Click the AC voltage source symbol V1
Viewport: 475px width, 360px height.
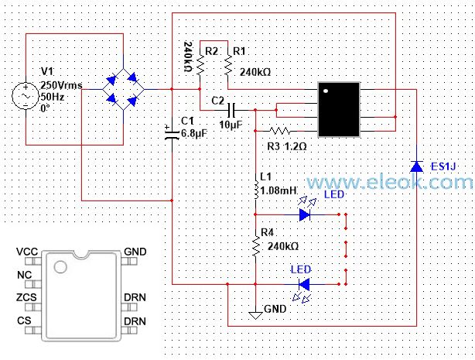click(x=26, y=96)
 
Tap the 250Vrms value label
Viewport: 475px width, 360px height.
click(x=61, y=85)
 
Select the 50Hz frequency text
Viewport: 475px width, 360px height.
click(x=52, y=97)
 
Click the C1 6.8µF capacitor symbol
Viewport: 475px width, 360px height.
click(x=172, y=132)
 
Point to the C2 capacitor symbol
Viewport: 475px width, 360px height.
click(x=232, y=110)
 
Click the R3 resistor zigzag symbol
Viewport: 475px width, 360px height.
click(x=280, y=131)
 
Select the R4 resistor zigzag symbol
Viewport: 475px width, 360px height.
click(x=256, y=246)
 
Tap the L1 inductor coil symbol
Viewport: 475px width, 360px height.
click(x=256, y=190)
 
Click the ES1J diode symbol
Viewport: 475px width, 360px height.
click(x=416, y=166)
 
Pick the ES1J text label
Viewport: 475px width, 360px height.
click(x=443, y=166)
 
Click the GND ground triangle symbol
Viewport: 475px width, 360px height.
click(x=255, y=316)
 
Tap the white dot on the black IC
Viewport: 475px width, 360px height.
click(x=326, y=91)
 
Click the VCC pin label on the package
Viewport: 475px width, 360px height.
click(x=27, y=252)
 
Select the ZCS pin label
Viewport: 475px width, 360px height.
click(x=26, y=297)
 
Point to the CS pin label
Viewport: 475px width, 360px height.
click(x=24, y=321)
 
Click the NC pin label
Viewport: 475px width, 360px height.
click(x=25, y=275)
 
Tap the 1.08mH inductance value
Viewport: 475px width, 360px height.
click(x=279, y=190)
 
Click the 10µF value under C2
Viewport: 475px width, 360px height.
click(x=231, y=125)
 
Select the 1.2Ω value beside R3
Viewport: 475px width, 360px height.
click(x=296, y=146)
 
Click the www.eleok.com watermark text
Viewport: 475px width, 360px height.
click(x=390, y=182)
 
